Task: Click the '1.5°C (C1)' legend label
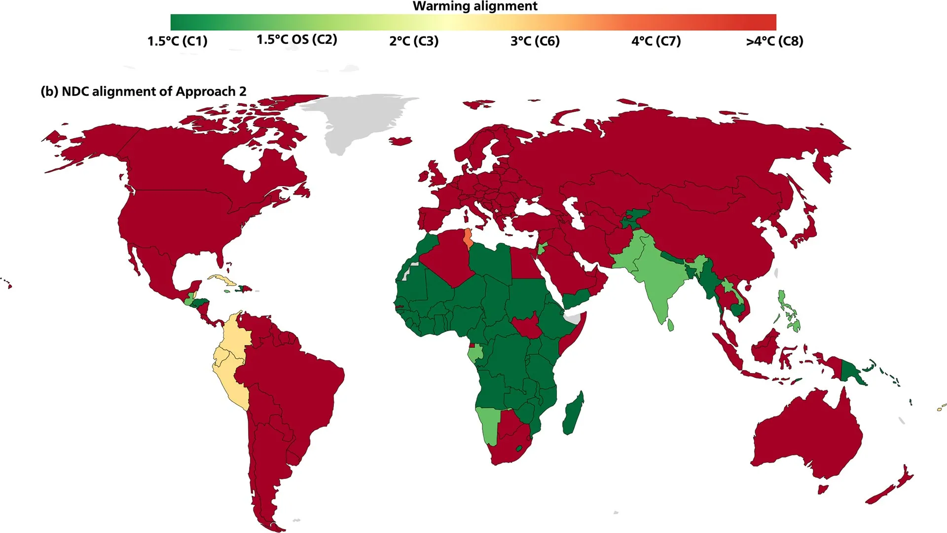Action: click(x=177, y=41)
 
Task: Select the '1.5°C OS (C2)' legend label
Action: click(x=296, y=39)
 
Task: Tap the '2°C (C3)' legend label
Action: click(x=413, y=41)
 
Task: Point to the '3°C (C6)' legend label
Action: click(x=535, y=41)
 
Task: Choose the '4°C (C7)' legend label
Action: click(x=656, y=41)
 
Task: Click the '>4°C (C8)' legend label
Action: click(x=774, y=41)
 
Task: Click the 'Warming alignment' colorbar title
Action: click(x=474, y=6)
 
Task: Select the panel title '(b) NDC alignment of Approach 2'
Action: click(x=144, y=91)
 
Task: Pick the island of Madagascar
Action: click(x=573, y=415)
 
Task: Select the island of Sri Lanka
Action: click(x=670, y=325)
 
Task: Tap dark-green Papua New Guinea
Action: click(x=850, y=372)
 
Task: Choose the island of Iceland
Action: click(x=401, y=141)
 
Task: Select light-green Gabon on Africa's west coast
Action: click(x=475, y=354)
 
